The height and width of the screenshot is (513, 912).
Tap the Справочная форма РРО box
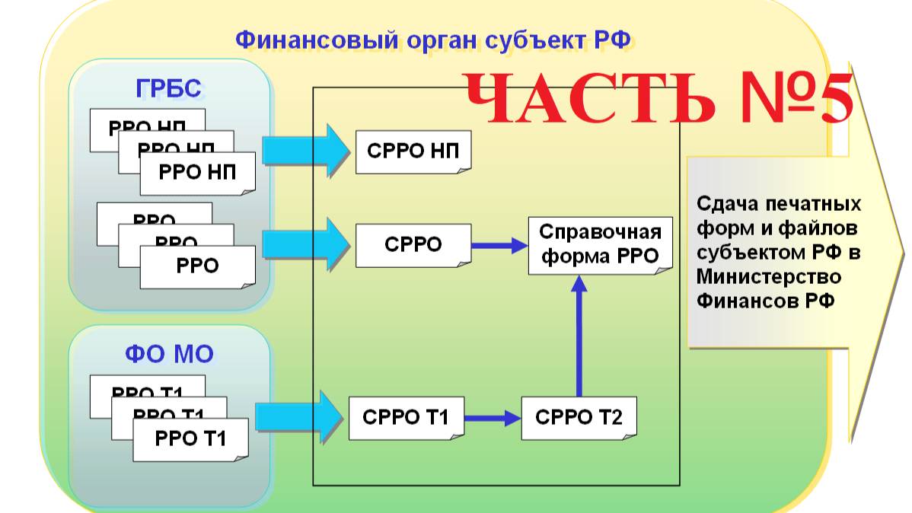[601, 244]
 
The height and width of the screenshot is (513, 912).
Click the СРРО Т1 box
[406, 417]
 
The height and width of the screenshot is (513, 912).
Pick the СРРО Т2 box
[579, 417]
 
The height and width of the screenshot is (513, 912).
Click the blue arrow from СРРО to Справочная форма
[499, 245]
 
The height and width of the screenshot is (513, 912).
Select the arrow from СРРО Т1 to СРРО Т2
[492, 417]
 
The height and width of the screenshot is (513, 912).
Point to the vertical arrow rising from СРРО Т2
[579, 335]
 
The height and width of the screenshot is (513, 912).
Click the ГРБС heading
[169, 89]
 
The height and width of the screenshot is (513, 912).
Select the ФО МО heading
[169, 354]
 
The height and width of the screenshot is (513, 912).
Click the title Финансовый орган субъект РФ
[433, 40]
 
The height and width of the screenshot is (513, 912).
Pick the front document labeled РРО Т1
[190, 438]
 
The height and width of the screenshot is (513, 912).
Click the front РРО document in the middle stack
[197, 266]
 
